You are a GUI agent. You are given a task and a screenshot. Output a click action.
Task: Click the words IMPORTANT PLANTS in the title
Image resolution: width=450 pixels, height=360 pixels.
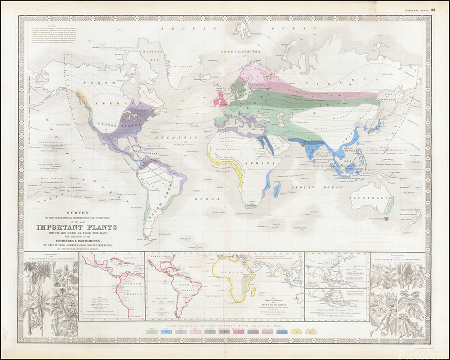[x=75, y=228]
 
